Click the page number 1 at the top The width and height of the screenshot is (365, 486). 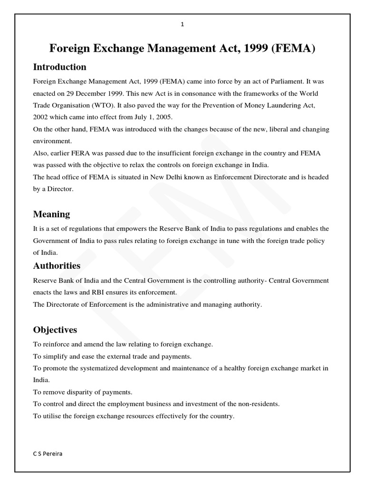[182, 25]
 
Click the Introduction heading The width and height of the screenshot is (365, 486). [59, 66]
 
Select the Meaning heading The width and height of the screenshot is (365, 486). [51, 214]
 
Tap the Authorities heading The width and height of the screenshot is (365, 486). [57, 265]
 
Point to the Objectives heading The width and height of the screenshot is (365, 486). [55, 329]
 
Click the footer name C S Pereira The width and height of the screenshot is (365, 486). [48, 453]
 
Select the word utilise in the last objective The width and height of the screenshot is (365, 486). [51, 416]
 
